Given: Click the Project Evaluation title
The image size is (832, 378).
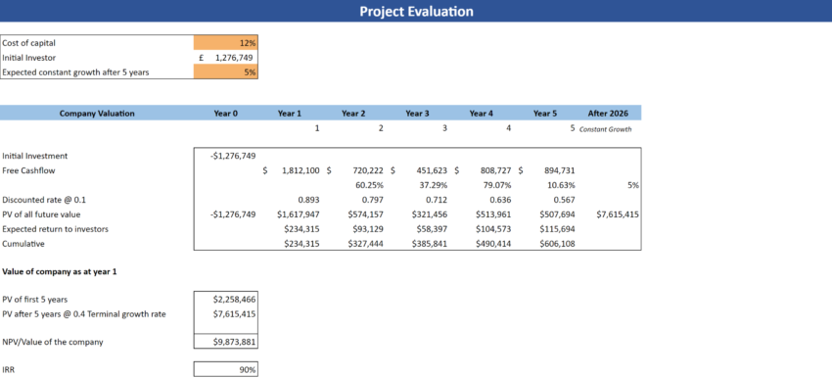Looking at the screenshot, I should (416, 12).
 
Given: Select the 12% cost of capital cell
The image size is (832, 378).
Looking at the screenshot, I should (226, 43).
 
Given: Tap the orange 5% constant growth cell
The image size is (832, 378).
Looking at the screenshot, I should (226, 72).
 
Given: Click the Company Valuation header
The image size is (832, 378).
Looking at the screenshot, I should (97, 114).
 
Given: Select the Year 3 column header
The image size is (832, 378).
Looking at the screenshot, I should (416, 114).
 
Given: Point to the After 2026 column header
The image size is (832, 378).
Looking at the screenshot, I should (610, 114).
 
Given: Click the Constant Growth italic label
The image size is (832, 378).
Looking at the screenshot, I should (606, 129).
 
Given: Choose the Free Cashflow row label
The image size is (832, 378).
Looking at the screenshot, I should (28, 170).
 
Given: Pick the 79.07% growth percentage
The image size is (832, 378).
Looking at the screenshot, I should (498, 185).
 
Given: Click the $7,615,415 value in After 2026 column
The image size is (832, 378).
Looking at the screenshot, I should (618, 214).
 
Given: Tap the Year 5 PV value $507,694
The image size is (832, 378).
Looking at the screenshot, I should (555, 214).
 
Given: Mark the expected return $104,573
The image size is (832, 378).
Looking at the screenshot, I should (492, 229).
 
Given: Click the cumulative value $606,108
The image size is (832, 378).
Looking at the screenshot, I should (555, 244).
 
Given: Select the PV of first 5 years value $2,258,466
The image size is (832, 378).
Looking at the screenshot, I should (234, 299).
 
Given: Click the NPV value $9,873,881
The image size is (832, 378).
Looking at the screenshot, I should (234, 342).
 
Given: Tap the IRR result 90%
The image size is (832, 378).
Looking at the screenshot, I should (247, 370).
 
